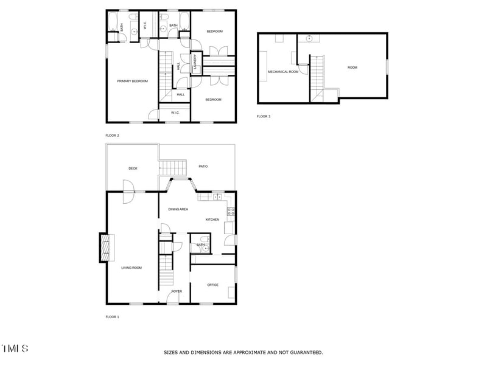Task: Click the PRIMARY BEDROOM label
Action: tap(133, 81)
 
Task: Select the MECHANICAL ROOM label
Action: tap(283, 72)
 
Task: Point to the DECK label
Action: tap(133, 169)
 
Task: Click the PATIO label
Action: tap(203, 166)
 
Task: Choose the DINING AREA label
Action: tap(178, 209)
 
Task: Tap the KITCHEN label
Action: tap(212, 220)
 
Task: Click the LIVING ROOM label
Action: tap(131, 267)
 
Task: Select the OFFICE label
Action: tap(212, 285)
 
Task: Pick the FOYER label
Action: tap(177, 291)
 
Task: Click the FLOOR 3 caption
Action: tap(263, 116)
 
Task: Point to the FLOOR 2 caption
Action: tap(113, 135)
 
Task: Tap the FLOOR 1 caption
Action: tap(113, 317)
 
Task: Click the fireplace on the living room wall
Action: tap(104, 248)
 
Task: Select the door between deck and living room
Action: tap(128, 192)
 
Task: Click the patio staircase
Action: tap(172, 167)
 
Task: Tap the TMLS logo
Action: tap(15, 349)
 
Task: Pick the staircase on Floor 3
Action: tap(317, 77)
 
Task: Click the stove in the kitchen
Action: tap(231, 212)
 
